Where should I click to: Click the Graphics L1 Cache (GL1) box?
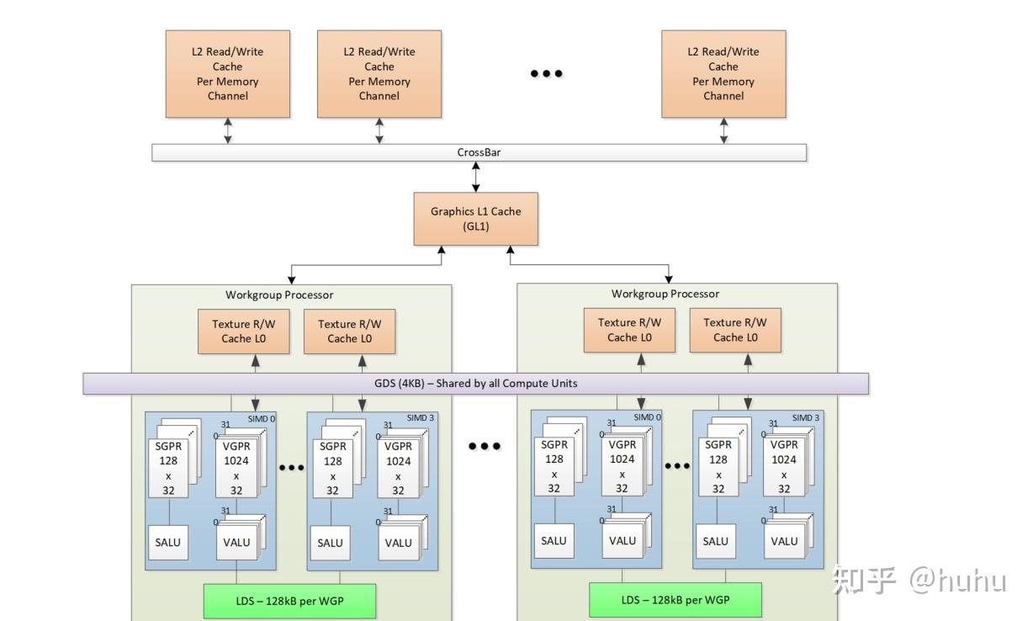click(475, 219)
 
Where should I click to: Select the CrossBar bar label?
click(479, 152)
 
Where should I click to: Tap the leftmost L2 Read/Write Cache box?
click(228, 74)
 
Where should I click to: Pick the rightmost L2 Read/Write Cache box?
click(723, 74)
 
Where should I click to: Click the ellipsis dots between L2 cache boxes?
click(546, 74)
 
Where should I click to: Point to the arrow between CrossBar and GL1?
click(476, 176)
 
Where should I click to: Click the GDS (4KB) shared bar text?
click(475, 384)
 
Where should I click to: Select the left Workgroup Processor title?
click(279, 295)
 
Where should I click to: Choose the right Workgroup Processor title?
click(665, 295)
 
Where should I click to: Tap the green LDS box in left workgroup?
click(289, 601)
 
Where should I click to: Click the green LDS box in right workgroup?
click(675, 600)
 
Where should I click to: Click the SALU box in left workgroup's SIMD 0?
click(168, 543)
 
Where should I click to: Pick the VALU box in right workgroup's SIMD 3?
click(784, 541)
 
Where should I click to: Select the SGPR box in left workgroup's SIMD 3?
click(332, 468)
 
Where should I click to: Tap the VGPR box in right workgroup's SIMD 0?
click(622, 467)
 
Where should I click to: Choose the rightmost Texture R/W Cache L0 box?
click(735, 330)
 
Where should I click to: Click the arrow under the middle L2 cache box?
click(379, 130)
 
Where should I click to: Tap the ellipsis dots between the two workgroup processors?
click(485, 446)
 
